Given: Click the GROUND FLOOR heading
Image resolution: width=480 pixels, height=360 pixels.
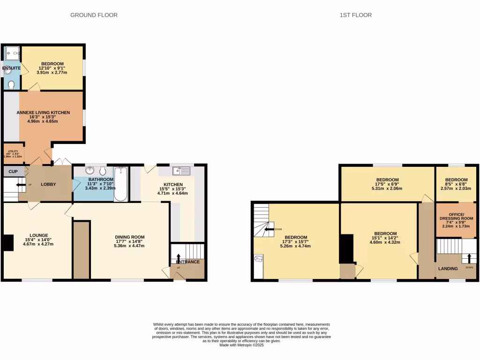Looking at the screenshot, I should click(94, 15).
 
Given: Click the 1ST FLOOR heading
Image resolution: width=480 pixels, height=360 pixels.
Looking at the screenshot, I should click(356, 15).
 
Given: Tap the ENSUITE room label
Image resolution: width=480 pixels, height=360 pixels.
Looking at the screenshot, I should click(11, 68).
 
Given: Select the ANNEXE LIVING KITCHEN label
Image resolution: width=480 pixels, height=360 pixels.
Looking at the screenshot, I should click(43, 112).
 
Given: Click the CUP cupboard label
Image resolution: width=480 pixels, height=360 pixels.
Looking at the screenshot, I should click(13, 172).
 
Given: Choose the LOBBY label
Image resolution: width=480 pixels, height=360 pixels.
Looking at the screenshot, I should click(49, 184).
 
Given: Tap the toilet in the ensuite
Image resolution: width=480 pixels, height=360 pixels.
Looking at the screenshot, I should click(11, 84).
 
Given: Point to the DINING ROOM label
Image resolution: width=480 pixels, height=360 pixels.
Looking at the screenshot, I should click(129, 237).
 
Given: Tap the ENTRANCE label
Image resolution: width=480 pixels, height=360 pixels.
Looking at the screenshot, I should click(187, 262).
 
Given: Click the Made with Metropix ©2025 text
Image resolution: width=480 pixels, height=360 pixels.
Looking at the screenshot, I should click(241, 345).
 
